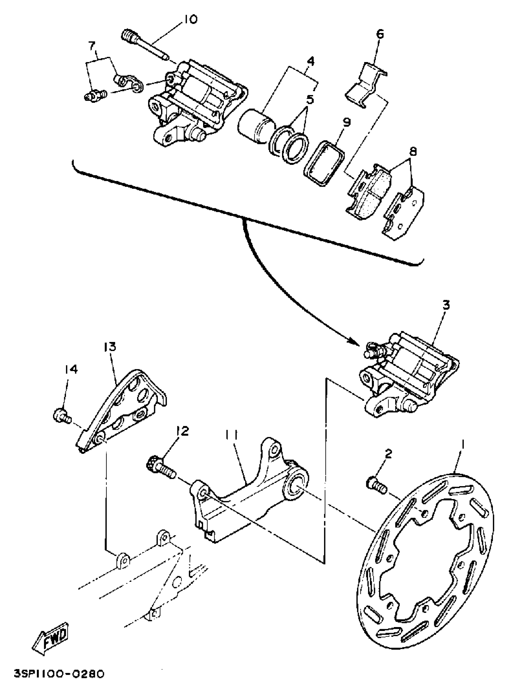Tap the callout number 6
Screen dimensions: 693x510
coord(380,34)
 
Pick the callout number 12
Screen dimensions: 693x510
coord(182,431)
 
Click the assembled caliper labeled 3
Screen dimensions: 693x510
coord(407,375)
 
